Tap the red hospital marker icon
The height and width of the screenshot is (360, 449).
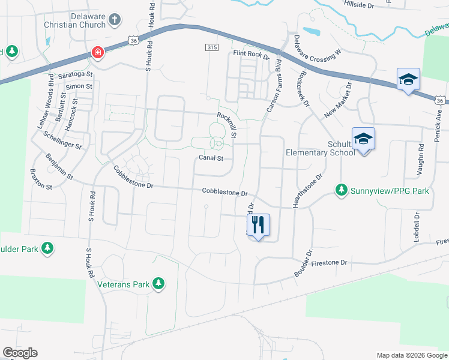point(97,54)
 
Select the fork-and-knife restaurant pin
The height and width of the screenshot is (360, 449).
point(258,226)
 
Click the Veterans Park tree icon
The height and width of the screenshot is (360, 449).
point(158,283)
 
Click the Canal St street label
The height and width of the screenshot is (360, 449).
point(211,158)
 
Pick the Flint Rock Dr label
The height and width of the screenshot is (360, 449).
point(251,55)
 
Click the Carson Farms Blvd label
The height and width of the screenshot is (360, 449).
point(274,84)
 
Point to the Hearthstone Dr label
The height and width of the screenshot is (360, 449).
point(307,191)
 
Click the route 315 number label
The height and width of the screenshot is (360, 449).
point(211,47)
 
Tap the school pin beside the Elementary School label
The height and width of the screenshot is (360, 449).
point(363,139)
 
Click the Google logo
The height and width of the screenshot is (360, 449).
point(20,353)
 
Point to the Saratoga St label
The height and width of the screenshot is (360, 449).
point(76,75)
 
